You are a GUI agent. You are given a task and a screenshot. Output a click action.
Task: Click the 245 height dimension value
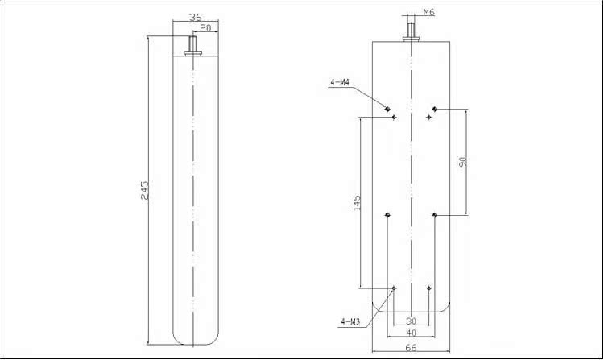[145, 190]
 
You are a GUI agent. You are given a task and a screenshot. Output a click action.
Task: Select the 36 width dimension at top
[194, 17]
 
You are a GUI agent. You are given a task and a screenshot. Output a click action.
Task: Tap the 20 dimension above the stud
[205, 27]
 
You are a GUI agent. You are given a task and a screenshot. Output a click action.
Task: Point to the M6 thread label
[428, 13]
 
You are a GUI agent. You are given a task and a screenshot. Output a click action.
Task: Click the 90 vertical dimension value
[462, 162]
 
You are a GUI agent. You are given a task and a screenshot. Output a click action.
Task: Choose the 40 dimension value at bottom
[411, 333]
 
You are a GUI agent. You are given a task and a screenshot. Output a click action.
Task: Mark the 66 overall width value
[411, 347]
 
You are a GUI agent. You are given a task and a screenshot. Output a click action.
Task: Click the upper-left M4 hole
[387, 109]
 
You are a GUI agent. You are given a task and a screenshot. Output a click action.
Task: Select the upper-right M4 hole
[434, 109]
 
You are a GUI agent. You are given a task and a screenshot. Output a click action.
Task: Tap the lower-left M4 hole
[387, 215]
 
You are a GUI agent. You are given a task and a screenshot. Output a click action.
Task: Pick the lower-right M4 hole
[434, 215]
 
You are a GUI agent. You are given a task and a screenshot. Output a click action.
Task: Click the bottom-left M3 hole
[394, 288]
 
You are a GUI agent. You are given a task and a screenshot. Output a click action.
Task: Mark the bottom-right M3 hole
[429, 288]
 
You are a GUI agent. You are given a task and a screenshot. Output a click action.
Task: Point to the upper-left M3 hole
[394, 117]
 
